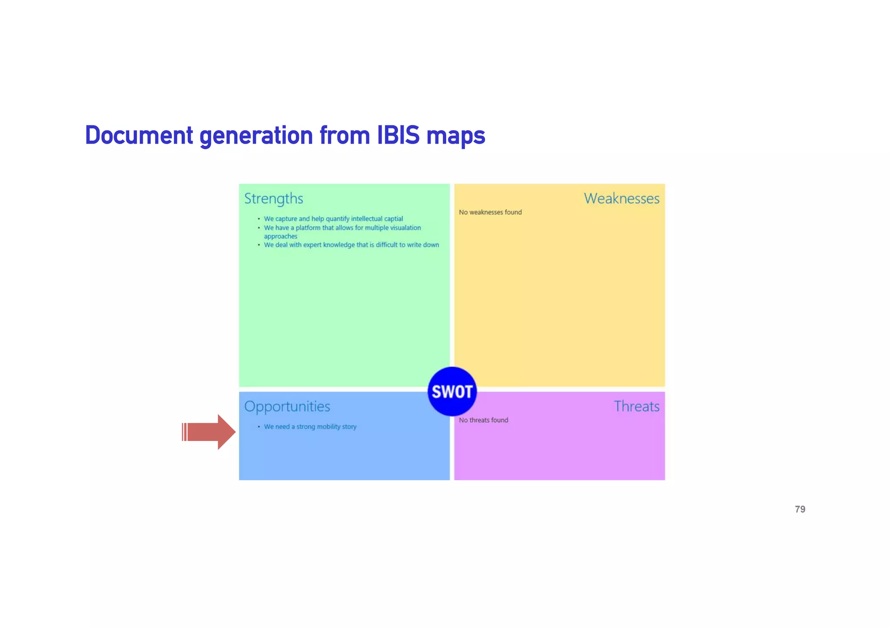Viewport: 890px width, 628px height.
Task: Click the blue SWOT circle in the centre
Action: (452, 391)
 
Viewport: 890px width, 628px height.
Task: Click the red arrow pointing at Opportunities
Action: (209, 432)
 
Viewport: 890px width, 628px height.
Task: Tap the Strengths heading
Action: (273, 198)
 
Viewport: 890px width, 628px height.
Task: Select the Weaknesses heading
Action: (621, 198)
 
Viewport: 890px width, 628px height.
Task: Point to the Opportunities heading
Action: (287, 406)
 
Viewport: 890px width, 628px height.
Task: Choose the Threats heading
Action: (636, 406)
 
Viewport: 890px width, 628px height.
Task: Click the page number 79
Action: (800, 509)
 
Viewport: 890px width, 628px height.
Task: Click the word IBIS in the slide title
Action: (398, 135)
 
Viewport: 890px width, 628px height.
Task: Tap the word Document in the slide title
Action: (139, 135)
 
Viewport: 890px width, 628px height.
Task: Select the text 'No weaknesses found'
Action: (490, 212)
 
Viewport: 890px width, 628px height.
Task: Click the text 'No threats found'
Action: (483, 420)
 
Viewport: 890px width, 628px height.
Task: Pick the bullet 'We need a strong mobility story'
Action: (310, 427)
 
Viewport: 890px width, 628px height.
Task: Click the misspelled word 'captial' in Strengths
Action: (393, 219)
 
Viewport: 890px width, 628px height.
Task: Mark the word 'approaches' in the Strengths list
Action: (281, 236)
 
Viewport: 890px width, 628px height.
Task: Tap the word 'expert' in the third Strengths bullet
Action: (312, 245)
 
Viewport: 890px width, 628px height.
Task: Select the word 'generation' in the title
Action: (256, 135)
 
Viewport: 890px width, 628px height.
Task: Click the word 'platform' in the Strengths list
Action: (308, 227)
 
